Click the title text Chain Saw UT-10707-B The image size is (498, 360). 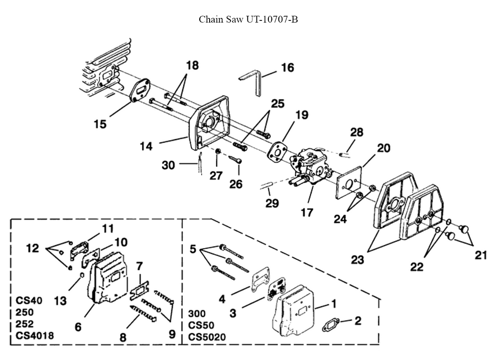pos(249,19)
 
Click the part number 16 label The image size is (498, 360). pos(287,67)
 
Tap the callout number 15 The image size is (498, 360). pos(100,123)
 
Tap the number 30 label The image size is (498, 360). pos(168,165)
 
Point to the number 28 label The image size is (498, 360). pos(357,132)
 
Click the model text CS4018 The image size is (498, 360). pos(34,336)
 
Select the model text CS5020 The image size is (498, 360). pos(207,337)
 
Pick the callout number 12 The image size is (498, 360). pos(32,247)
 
